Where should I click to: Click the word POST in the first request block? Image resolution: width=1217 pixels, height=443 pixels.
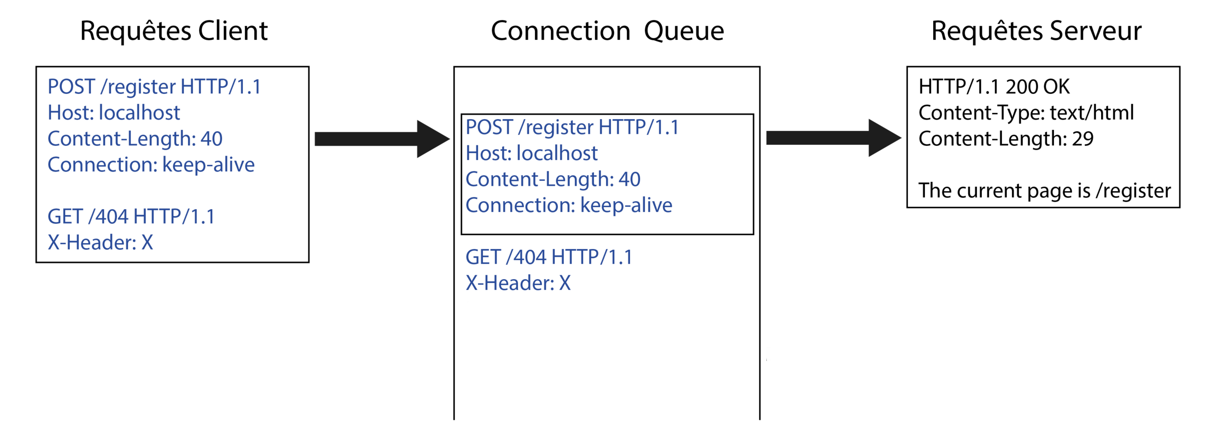(71, 87)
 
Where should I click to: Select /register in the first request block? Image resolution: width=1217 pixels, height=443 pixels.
(138, 88)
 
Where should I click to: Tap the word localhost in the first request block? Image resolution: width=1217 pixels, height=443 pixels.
(139, 113)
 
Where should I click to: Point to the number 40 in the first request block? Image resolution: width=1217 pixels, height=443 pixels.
(211, 139)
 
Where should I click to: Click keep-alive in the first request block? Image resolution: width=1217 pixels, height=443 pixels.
(208, 165)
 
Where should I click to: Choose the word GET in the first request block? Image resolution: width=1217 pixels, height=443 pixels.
(65, 217)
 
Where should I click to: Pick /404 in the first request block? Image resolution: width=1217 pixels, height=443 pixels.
(108, 217)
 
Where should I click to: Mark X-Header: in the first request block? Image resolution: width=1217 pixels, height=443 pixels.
(92, 243)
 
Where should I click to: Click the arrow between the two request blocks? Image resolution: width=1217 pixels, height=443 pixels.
(382, 139)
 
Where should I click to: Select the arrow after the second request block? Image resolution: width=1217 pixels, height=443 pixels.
(834, 138)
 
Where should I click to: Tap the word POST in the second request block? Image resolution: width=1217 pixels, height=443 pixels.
(489, 127)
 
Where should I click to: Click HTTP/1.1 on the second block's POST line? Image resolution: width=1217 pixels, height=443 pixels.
(638, 127)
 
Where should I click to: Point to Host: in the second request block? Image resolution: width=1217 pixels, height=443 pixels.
(488, 154)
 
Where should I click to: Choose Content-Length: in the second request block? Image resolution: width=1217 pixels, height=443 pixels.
(540, 179)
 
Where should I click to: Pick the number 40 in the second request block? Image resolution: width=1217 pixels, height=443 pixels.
(629, 179)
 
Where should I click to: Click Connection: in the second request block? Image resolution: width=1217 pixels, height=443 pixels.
(520, 206)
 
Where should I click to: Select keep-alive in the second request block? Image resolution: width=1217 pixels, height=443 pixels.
(627, 206)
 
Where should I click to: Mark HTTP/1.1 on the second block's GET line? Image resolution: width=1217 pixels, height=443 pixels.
(592, 257)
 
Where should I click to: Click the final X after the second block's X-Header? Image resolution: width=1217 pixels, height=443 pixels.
(565, 283)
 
